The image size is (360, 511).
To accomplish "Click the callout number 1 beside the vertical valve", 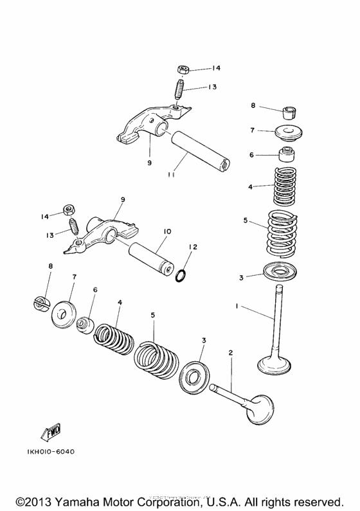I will click(238, 307).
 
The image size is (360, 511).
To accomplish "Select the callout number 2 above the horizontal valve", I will click(230, 353).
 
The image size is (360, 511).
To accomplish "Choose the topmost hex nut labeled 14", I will click(182, 69).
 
